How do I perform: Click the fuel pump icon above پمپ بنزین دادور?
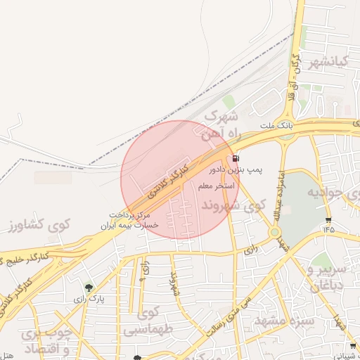(234, 159)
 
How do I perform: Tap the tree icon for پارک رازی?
(88, 287)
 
